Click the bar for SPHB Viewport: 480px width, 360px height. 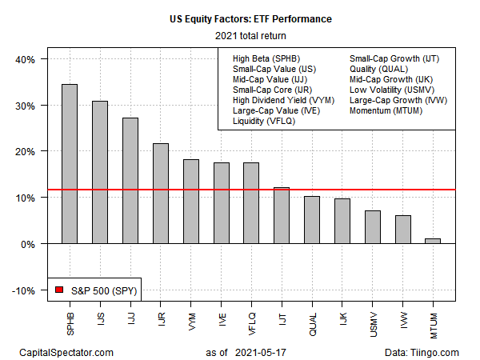70,163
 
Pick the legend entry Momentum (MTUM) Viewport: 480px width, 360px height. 386,110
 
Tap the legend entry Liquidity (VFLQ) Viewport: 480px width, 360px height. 253,121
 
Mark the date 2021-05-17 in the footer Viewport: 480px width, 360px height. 256,352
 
